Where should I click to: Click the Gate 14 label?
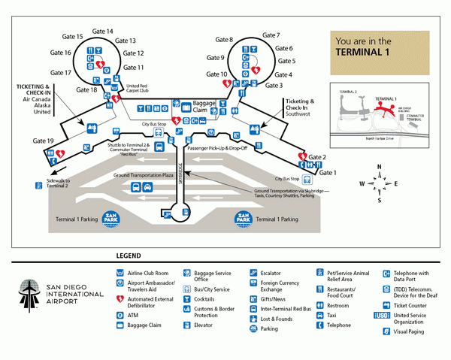(102, 32)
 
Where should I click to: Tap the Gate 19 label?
(44, 141)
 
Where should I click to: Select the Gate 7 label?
(271, 35)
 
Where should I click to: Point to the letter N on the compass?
(380, 167)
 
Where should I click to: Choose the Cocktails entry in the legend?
(204, 298)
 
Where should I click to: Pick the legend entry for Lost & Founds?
(275, 319)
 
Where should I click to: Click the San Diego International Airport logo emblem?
(30, 296)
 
